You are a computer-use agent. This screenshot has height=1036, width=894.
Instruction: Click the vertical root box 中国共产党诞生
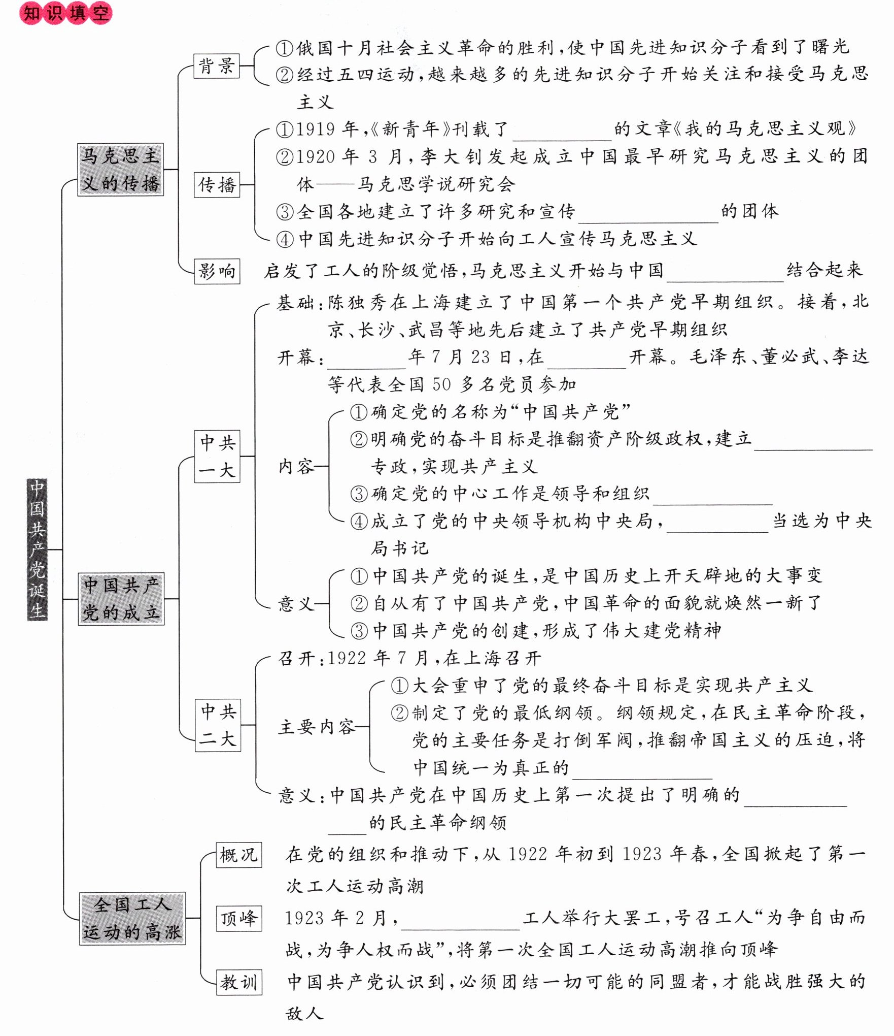(37, 549)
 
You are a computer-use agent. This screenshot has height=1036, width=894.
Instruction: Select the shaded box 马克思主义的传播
(120, 169)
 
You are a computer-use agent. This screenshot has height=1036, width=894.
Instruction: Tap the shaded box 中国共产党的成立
(121, 599)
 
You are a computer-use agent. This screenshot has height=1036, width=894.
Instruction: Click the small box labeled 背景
(216, 66)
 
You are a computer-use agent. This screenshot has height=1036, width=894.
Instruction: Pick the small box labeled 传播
(217, 184)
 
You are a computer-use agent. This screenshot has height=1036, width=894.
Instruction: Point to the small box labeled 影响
(217, 271)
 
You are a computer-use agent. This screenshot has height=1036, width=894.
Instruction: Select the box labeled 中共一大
(217, 456)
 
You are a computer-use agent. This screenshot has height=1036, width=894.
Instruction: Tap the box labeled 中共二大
(218, 725)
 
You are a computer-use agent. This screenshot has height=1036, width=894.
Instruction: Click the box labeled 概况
(238, 855)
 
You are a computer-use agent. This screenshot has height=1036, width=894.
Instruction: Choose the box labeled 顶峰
(238, 918)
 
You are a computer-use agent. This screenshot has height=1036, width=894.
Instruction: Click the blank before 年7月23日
(366, 360)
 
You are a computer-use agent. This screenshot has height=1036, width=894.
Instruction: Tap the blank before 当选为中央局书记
(717, 524)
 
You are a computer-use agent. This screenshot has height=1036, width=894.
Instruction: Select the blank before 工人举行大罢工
(460, 920)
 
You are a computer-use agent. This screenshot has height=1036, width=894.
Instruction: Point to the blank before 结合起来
(725, 273)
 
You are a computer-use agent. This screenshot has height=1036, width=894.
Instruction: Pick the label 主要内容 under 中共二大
(317, 727)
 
